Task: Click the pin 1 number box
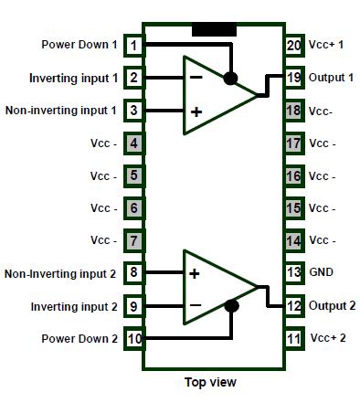(134, 45)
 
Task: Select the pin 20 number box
(293, 45)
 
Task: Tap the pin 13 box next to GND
(293, 272)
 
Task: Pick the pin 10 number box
(134, 338)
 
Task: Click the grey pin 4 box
(134, 143)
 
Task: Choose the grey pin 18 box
(293, 111)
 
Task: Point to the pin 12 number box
(293, 305)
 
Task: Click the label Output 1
(331, 78)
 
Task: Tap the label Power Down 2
(79, 338)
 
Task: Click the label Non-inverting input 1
(61, 111)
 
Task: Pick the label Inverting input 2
(74, 306)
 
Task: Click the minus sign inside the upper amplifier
(195, 77)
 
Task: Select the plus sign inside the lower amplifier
(194, 273)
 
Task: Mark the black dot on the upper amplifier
(232, 78)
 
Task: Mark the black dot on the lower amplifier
(232, 306)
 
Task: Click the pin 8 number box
(134, 272)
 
